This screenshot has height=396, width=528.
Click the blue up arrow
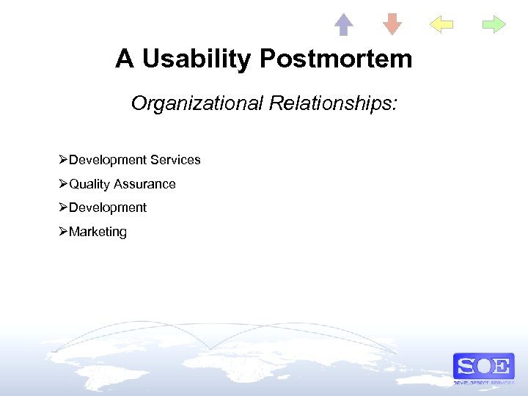(343, 25)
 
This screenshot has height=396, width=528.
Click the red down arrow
(392, 25)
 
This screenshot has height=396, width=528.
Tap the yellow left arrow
(441, 25)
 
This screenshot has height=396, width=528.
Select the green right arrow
(494, 25)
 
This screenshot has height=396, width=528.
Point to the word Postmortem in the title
(337, 59)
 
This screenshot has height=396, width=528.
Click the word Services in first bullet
(175, 160)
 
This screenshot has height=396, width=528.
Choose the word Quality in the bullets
(89, 184)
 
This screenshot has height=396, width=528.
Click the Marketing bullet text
(98, 232)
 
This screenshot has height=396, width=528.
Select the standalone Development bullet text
(108, 208)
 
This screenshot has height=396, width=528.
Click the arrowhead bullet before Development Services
(64, 160)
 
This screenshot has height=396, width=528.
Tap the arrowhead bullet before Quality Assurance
(64, 184)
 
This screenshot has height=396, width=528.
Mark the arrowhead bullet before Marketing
(64, 232)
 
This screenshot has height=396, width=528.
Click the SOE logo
(483, 367)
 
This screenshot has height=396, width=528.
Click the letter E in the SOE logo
(502, 365)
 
